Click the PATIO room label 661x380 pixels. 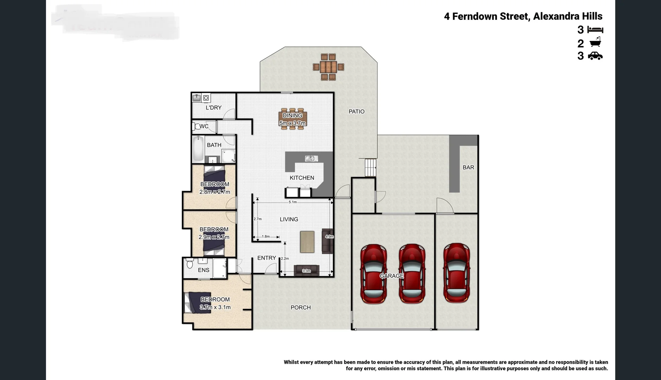[356, 112]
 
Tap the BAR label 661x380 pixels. [468, 167]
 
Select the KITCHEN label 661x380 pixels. [302, 178]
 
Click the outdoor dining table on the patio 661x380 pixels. [328, 66]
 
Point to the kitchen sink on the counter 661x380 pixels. [310, 158]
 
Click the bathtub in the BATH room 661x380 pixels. [198, 149]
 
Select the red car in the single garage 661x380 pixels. [456, 273]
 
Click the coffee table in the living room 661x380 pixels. [307, 242]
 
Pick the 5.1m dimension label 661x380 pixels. [293, 202]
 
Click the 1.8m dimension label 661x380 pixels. [266, 236]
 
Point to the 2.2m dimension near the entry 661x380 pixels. [285, 259]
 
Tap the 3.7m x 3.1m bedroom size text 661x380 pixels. [215, 307]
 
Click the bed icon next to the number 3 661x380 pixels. [595, 30]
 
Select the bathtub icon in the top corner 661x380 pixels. [595, 43]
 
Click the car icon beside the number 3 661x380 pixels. [595, 56]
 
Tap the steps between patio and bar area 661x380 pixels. [370, 168]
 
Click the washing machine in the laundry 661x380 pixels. [206, 98]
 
